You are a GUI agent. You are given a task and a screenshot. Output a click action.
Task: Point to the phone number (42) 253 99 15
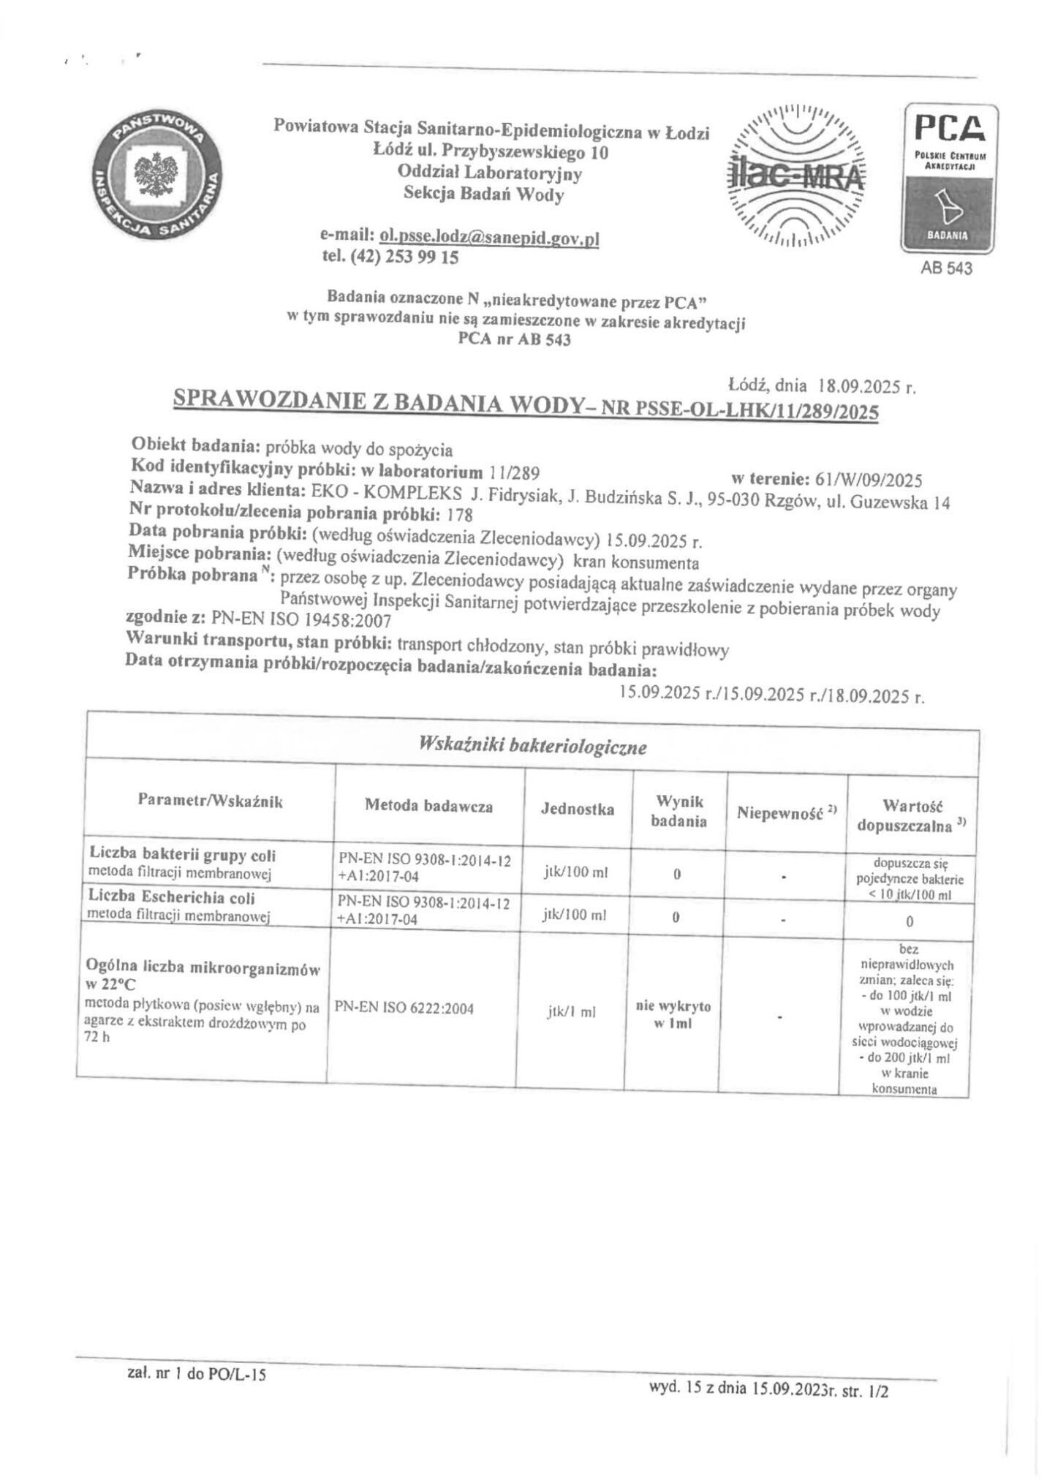pos(404,257)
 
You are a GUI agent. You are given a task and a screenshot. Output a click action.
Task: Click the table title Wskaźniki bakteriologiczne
pos(532,747)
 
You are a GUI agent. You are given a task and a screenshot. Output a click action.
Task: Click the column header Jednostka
pos(577,809)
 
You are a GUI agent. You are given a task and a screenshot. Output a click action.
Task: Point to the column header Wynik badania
pos(679,812)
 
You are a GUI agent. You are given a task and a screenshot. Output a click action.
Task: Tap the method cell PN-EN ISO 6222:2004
pos(404,1008)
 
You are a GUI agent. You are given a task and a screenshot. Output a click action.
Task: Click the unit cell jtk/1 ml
pos(571,1013)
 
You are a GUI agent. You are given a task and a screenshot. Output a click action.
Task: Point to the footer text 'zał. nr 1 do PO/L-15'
pos(196,1375)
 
